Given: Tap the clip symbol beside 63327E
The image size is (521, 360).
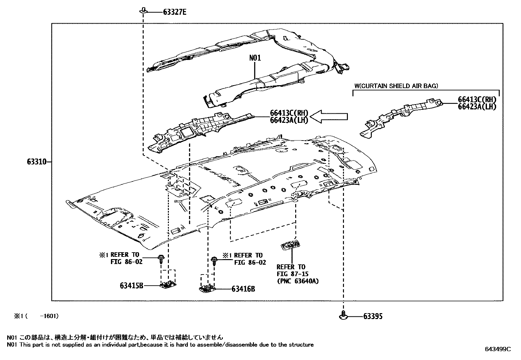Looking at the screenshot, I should pyautogui.click(x=143, y=11).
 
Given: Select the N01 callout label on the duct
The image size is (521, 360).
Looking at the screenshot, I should pyautogui.click(x=255, y=58).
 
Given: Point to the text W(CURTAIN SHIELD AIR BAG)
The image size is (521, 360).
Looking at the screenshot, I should pyautogui.click(x=396, y=86).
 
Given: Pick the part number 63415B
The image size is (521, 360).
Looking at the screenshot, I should pyautogui.click(x=131, y=286).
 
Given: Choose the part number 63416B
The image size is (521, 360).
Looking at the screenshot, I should pyautogui.click(x=243, y=289).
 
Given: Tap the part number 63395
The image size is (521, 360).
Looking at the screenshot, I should pyautogui.click(x=373, y=316).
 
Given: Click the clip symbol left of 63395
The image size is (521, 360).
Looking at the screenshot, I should pyautogui.click(x=343, y=315).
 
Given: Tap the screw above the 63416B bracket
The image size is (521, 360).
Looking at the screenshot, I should pyautogui.click(x=214, y=261).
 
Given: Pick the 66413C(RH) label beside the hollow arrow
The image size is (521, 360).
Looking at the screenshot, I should pyautogui.click(x=289, y=113).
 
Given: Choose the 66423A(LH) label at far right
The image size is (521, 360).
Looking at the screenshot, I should pyautogui.click(x=477, y=106).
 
